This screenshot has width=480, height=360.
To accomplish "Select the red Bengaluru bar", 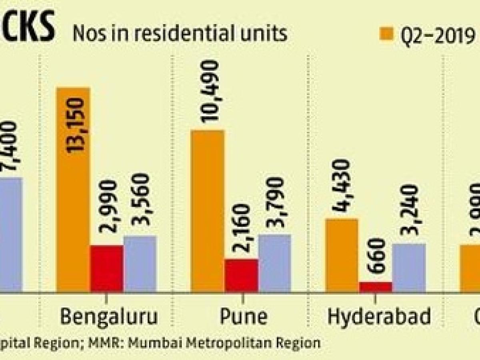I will click(x=106, y=268).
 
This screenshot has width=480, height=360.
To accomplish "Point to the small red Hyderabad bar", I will click(x=376, y=286).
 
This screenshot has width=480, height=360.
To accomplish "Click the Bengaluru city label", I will click(x=109, y=317).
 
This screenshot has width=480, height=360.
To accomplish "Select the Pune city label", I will click(x=243, y=317).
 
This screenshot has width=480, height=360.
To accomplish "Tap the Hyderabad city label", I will click(x=379, y=317).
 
